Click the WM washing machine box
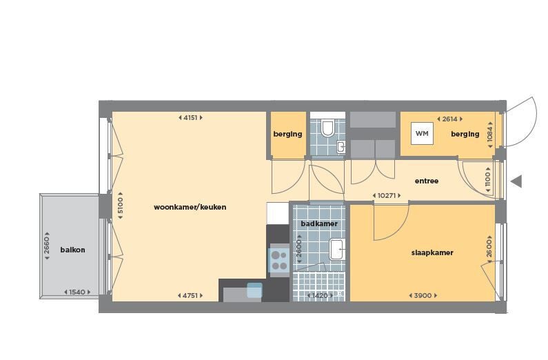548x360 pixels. (422, 133)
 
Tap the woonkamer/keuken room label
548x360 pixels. (190, 207)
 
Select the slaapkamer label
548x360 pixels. (432, 252)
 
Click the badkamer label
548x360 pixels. (319, 223)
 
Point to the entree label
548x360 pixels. (427, 181)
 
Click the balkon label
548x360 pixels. (72, 250)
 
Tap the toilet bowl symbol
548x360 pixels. (328, 128)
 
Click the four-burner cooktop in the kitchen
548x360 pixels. (279, 261)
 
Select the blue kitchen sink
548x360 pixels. (254, 290)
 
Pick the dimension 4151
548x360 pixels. (190, 118)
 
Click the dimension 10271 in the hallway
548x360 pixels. (387, 196)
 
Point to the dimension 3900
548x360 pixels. (423, 296)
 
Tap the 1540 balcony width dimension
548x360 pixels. (77, 292)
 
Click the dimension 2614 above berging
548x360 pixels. (450, 119)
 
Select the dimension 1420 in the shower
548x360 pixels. (320, 296)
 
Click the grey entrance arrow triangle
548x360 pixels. (516, 181)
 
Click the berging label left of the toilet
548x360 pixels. (287, 134)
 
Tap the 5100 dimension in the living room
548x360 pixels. (120, 206)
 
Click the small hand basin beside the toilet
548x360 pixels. (341, 147)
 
